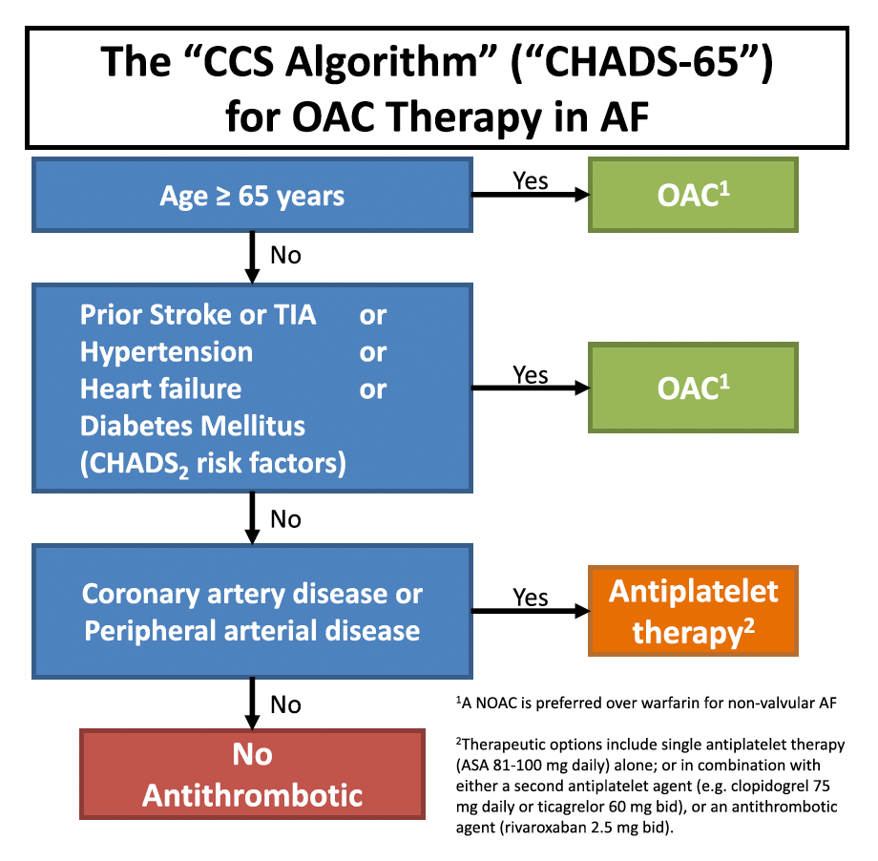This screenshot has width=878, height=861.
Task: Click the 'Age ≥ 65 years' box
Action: tap(252, 196)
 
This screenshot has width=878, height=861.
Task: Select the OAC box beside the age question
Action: tap(693, 196)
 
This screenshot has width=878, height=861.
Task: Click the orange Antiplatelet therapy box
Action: tap(693, 611)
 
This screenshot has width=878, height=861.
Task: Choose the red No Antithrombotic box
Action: tap(252, 774)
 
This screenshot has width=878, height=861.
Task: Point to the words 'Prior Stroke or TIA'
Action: tap(198, 314)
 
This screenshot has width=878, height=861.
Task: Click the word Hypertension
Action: tap(166, 351)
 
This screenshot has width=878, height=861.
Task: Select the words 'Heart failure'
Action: tap(160, 388)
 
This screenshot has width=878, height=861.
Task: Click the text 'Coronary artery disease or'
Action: tap(252, 594)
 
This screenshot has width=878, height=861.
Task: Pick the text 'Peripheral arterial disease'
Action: tap(252, 631)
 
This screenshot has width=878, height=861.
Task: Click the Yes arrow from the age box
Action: tap(531, 196)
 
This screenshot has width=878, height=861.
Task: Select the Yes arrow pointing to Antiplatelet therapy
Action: tap(531, 611)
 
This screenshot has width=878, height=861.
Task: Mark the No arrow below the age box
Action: tap(252, 256)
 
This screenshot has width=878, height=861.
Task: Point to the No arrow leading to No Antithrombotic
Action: tap(252, 704)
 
